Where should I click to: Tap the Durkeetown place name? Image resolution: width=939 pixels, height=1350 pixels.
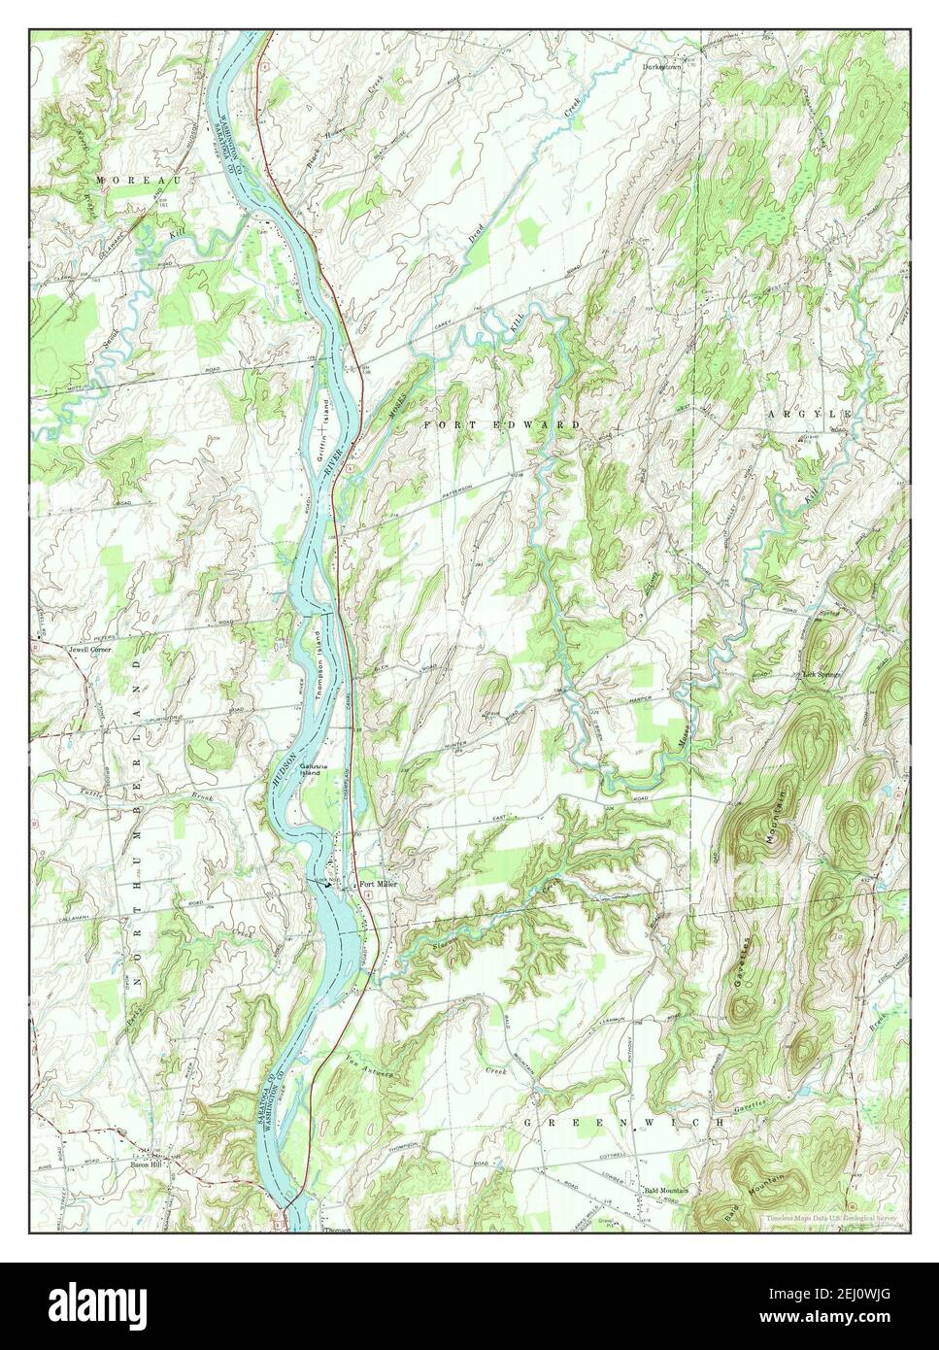click(x=665, y=67)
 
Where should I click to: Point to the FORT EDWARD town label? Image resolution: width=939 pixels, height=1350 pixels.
click(x=502, y=425)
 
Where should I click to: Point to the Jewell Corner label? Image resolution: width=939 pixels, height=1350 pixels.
click(x=89, y=649)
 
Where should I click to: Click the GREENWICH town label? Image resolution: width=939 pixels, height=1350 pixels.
click(x=624, y=1123)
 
